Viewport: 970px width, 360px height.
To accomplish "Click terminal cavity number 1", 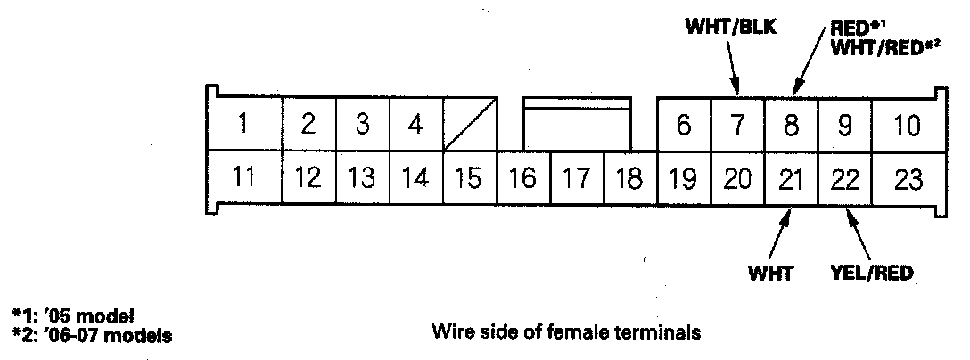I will click(x=242, y=124).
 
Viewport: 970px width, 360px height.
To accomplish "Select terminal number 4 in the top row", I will click(x=415, y=124).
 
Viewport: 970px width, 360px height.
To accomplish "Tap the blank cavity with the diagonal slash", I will click(x=469, y=126).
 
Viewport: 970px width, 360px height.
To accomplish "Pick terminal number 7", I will click(x=737, y=126).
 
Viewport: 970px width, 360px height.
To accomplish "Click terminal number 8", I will click(x=791, y=126).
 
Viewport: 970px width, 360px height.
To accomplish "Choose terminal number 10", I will click(x=906, y=126).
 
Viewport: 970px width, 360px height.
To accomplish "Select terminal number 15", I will click(x=469, y=178).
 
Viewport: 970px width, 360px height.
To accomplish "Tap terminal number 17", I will click(x=577, y=178).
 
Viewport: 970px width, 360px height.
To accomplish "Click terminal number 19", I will click(x=684, y=178).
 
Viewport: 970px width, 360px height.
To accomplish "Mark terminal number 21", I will click(x=791, y=178).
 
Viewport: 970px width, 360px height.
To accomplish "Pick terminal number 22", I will click(x=844, y=178).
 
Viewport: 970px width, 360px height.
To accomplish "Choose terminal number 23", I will click(x=908, y=178).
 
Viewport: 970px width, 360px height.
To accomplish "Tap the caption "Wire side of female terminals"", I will click(x=565, y=333).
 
